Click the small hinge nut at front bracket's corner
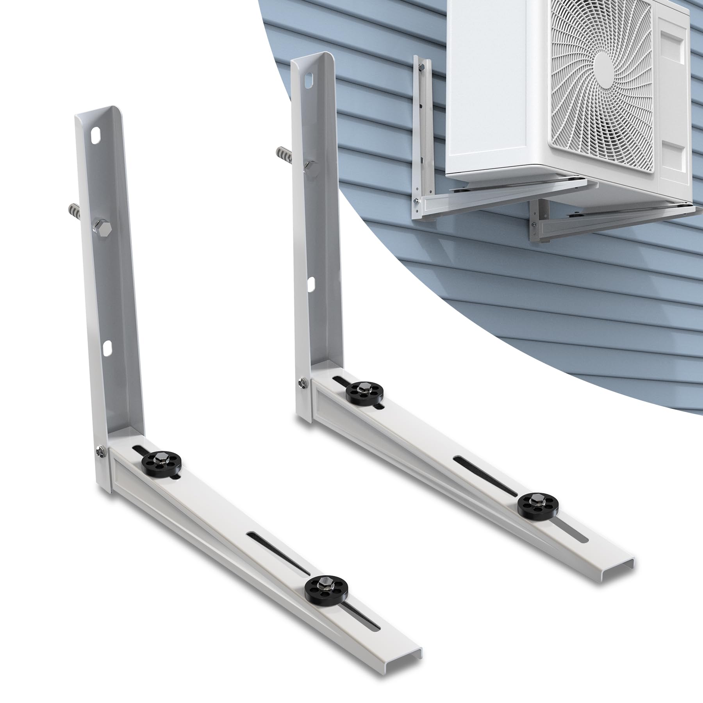(x=98, y=452)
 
